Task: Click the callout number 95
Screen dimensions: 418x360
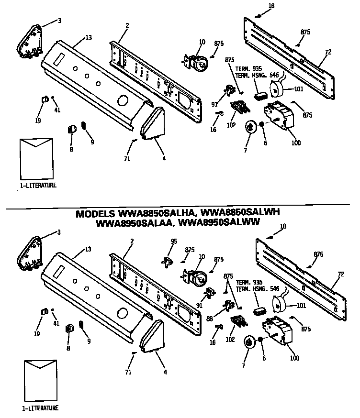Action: point(174,241)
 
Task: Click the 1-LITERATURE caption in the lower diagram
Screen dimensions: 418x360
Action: point(40,408)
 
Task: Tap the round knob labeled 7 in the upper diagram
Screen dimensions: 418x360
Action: point(250,127)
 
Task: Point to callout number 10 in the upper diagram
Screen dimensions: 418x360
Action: point(202,42)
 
